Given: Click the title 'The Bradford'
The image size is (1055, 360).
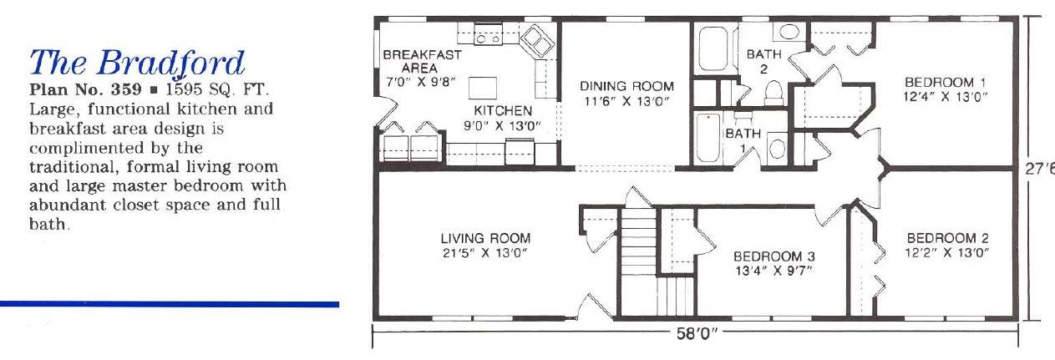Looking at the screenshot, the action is (137, 63).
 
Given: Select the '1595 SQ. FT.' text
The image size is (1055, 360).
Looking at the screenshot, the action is (217, 89).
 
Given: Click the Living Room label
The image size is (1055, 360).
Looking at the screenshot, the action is (485, 238).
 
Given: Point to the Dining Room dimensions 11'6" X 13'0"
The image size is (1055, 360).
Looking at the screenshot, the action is (626, 101).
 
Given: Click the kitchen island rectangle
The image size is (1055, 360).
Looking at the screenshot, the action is (482, 88).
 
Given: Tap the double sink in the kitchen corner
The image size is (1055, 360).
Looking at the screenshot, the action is (537, 39).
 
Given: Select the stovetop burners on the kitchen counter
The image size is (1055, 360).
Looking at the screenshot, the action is (488, 37).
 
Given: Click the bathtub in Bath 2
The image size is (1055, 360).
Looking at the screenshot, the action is (713, 49).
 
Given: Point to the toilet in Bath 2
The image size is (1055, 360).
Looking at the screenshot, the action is (773, 93).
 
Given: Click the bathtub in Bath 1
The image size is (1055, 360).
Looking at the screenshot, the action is (708, 138).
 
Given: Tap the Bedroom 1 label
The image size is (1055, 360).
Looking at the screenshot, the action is (945, 83).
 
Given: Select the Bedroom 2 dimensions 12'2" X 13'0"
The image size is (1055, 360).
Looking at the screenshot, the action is (946, 252).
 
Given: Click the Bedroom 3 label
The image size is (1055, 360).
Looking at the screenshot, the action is (773, 256).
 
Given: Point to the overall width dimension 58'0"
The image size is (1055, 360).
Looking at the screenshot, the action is (696, 333).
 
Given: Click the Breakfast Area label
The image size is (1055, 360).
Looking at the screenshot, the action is (422, 61).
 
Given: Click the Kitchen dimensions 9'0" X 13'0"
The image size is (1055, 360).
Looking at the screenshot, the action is (502, 126).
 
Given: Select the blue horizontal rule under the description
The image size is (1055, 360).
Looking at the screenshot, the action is (170, 304).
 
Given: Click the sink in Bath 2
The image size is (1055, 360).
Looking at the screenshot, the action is (789, 32).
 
